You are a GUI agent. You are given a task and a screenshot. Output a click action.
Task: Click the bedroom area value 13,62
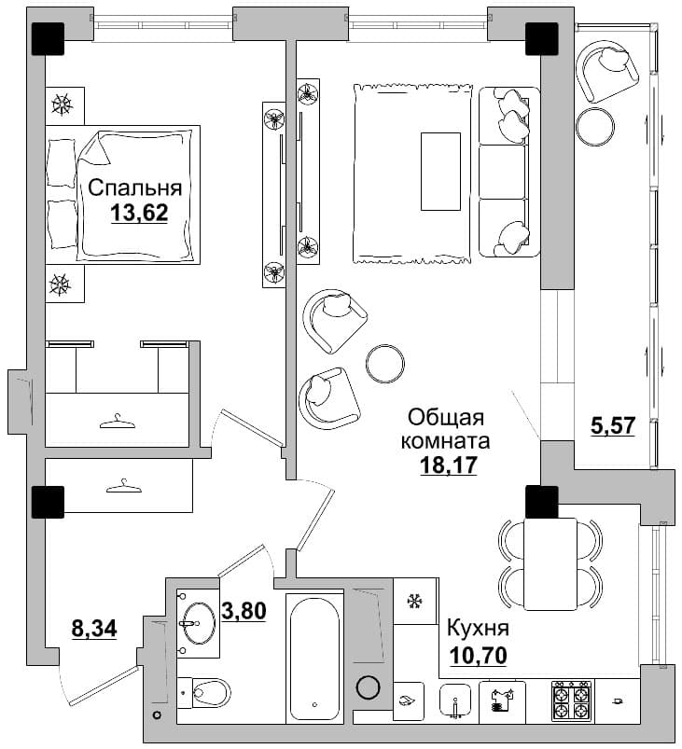[140, 213]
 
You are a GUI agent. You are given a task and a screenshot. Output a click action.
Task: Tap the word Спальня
[135, 187]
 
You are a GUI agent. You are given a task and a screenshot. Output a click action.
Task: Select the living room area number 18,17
[449, 465]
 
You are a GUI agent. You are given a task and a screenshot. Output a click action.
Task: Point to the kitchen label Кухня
[478, 628]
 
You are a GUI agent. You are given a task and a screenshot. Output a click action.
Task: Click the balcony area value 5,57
[613, 425]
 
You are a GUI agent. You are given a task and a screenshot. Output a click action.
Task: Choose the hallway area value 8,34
[94, 628]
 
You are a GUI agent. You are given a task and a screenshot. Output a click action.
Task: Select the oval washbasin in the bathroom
[199, 622]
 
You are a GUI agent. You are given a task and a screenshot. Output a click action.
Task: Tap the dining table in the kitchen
[550, 563]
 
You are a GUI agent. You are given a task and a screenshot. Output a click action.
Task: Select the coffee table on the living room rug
[440, 171]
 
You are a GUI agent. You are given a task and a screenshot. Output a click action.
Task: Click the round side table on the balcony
[595, 126]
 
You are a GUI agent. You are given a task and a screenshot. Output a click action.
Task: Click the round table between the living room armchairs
[385, 364]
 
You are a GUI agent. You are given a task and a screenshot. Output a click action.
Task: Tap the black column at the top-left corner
[48, 39]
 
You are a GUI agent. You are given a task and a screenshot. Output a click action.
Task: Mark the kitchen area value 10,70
[478, 656]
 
